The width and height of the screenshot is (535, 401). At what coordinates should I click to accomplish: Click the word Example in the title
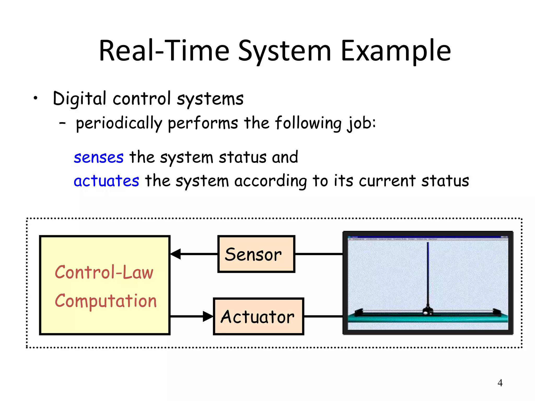pos(396,51)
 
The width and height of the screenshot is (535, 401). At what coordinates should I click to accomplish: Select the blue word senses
pos(98,157)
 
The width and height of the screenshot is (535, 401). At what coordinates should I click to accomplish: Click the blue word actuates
pos(106,181)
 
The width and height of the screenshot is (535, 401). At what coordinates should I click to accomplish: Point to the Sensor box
pos(256,254)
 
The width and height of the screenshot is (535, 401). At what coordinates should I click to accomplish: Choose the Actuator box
pos(258,316)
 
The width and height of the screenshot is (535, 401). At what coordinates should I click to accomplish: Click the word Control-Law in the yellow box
pos(104,272)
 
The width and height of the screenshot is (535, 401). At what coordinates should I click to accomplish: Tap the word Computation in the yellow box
pos(106,301)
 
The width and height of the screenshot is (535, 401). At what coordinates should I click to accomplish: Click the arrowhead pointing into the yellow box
pos(176,254)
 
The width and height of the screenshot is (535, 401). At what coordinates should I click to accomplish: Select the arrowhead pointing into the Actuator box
pos(208,316)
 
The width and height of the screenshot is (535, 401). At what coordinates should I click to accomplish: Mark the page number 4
pos(500,383)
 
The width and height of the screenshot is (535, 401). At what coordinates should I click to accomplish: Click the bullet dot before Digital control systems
pos(36,98)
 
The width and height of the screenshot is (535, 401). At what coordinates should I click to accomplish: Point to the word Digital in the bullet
pos(79,99)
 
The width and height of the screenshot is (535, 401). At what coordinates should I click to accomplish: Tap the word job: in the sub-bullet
pos(361,123)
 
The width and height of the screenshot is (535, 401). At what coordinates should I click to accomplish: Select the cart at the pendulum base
pos(428,311)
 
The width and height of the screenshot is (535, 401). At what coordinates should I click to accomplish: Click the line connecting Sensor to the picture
pos(319,254)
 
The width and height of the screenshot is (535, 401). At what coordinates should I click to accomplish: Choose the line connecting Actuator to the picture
pos(323,316)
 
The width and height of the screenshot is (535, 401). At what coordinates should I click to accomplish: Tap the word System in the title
pos(285,51)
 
